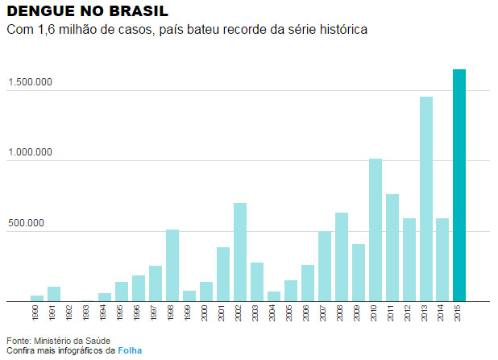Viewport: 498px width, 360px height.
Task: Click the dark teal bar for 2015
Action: click(459, 185)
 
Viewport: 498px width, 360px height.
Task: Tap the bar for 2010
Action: click(376, 230)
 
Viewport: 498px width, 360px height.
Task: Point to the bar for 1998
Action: click(172, 265)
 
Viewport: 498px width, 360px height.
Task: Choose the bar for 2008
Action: click(342, 257)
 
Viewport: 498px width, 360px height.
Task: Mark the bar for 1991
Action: click(54, 294)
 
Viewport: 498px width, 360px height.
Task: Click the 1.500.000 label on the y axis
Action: click(31, 82)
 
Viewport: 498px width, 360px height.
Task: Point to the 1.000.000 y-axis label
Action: click(31, 152)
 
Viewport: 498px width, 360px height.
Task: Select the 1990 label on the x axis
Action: click(37, 312)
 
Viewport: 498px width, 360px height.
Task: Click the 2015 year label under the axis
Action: click(459, 312)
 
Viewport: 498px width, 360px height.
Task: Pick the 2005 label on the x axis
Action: click(291, 312)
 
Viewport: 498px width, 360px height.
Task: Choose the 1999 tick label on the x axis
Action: click(189, 312)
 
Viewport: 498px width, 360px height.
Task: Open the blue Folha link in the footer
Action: click(130, 350)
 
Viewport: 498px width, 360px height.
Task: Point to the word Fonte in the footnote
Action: click(17, 340)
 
